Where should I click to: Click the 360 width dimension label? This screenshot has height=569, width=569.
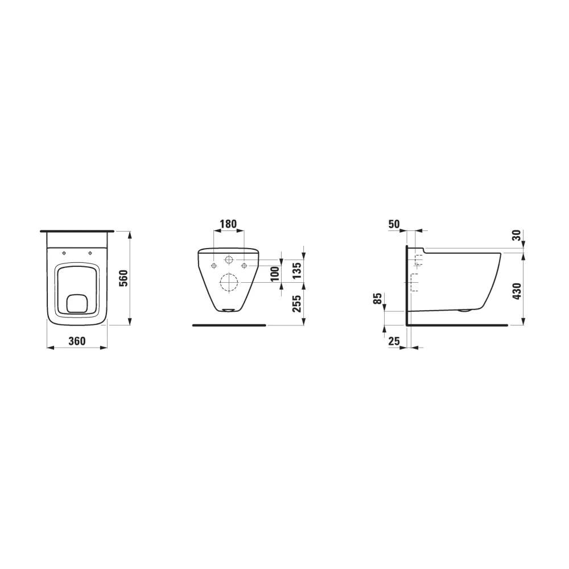click(x=77, y=341)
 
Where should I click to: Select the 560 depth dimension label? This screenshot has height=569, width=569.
click(x=124, y=278)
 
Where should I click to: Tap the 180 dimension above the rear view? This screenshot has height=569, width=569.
click(x=229, y=224)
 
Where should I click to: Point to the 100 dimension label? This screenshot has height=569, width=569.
click(x=275, y=274)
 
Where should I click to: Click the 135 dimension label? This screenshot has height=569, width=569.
click(x=297, y=270)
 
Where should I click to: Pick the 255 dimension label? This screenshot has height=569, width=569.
click(x=297, y=304)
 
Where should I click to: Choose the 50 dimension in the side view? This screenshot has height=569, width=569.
click(x=394, y=224)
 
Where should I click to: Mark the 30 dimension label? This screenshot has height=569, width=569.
click(x=517, y=236)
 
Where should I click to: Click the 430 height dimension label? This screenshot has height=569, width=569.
click(x=517, y=291)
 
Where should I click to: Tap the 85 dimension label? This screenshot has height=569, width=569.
click(x=378, y=299)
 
